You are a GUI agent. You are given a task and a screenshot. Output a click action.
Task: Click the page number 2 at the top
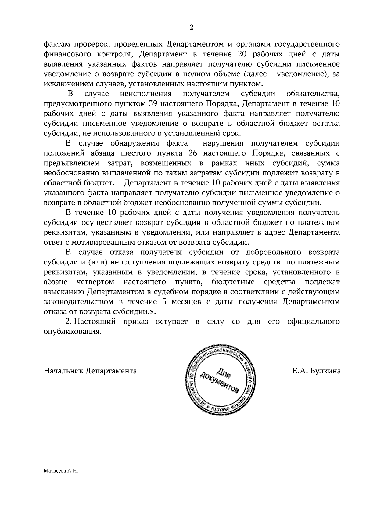[x=192, y=27]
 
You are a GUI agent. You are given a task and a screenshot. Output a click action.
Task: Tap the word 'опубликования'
[x=72, y=332]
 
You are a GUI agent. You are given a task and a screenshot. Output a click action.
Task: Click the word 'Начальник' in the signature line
[x=63, y=371]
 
